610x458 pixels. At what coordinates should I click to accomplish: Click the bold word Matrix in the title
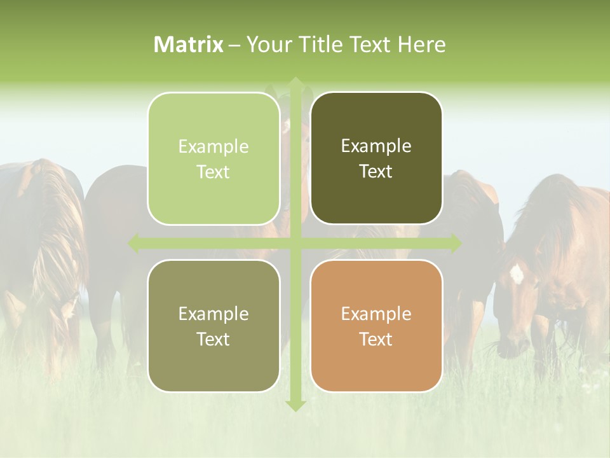pyautogui.click(x=189, y=45)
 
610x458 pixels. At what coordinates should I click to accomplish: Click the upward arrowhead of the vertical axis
pyautogui.click(x=295, y=83)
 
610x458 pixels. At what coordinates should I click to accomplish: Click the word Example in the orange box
pyautogui.click(x=376, y=314)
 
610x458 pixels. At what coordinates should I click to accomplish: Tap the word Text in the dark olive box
pyautogui.click(x=376, y=172)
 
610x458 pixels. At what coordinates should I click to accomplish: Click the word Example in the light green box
pyautogui.click(x=213, y=146)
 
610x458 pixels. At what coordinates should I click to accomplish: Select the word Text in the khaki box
pyautogui.click(x=213, y=339)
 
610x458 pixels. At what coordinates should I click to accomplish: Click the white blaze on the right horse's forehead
pyautogui.click(x=517, y=274)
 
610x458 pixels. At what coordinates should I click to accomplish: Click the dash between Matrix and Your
pyautogui.click(x=234, y=45)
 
